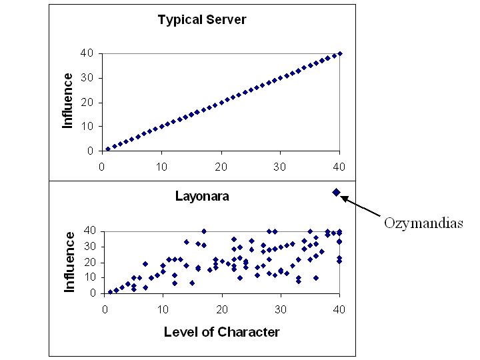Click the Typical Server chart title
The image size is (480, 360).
pos(201,19)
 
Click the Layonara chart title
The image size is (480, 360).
pos(201,196)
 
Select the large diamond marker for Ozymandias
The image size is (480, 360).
pos(337,193)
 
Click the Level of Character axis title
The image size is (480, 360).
pos(221,331)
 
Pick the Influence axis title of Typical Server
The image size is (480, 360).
pos(68,101)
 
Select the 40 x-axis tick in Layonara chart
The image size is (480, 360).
pos(339,308)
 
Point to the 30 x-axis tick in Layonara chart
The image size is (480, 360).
pos(280,308)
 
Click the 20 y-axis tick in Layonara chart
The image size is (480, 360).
pos(90,262)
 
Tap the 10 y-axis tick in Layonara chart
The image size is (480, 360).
pos(90,277)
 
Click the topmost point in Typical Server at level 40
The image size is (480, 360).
pos(339,53)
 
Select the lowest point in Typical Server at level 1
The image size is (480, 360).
pos(108,149)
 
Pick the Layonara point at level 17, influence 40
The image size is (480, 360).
pos(204,231)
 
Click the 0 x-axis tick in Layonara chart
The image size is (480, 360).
pos(104,308)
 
